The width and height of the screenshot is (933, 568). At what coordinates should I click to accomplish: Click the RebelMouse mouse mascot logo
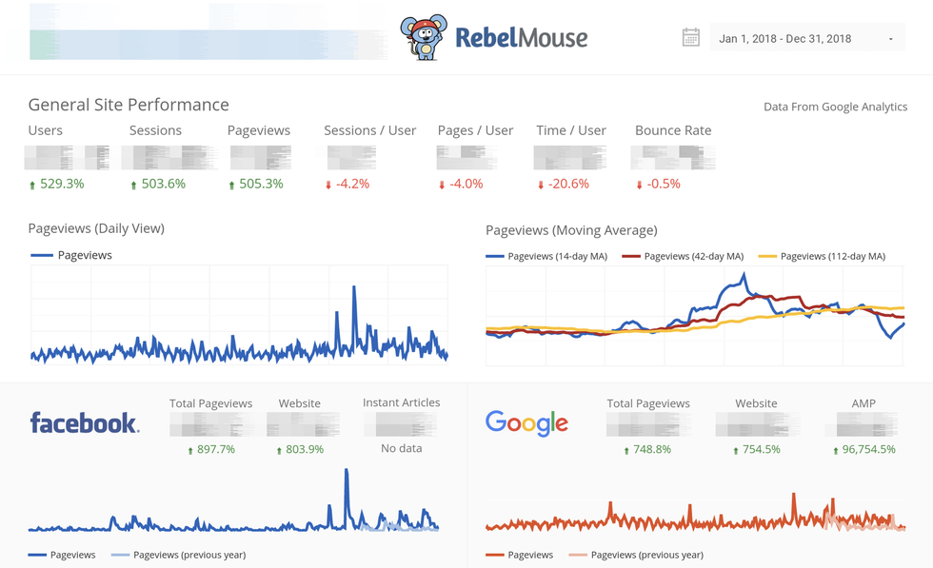pyautogui.click(x=424, y=38)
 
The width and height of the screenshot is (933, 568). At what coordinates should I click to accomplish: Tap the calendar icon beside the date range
pyautogui.click(x=691, y=38)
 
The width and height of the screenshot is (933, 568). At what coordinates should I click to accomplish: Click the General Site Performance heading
pyautogui.click(x=129, y=105)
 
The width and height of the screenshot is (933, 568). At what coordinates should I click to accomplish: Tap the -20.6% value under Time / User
pyautogui.click(x=568, y=184)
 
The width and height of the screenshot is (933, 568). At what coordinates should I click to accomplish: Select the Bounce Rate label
pyautogui.click(x=673, y=130)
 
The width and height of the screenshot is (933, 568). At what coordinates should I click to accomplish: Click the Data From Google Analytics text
pyautogui.click(x=835, y=107)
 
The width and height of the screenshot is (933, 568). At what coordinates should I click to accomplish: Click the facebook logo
pyautogui.click(x=84, y=423)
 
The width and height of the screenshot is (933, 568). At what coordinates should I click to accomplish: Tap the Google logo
pyautogui.click(x=526, y=423)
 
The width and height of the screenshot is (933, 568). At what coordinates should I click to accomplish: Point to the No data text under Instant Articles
pyautogui.click(x=401, y=448)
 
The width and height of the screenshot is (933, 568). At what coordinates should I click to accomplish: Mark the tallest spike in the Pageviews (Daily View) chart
pyautogui.click(x=354, y=288)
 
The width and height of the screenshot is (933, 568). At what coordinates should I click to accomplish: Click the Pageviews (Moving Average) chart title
pyautogui.click(x=571, y=230)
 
